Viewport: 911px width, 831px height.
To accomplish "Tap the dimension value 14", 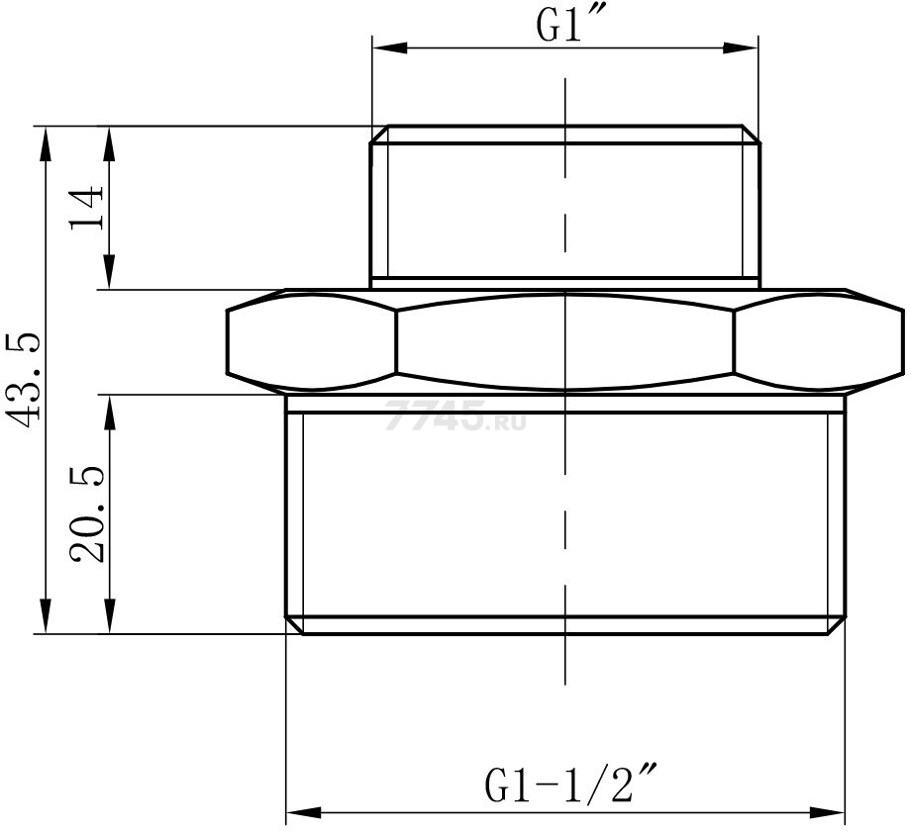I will (87, 208).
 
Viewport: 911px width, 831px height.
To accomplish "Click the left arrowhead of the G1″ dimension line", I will (387, 47).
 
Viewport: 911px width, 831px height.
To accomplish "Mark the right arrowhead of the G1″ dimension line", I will (745, 47).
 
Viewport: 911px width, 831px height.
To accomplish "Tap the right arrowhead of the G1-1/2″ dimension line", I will (830, 808).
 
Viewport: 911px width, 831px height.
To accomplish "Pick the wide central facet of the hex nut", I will (564, 342).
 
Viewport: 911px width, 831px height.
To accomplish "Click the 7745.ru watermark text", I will (455, 418).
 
